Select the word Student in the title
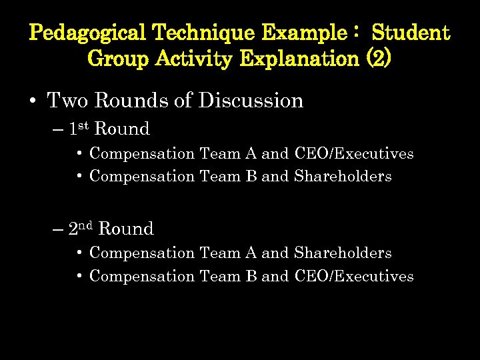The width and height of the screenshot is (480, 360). coord(411,32)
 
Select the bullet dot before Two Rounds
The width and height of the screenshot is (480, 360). coord(33,101)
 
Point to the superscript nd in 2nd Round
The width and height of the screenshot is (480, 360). coord(87,225)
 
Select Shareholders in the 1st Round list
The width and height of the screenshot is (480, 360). coord(343,177)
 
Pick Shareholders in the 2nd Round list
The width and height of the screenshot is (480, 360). coord(343,253)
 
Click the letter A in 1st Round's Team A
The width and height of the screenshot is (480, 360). coord(251,153)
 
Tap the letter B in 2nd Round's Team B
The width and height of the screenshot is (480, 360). coord(251,276)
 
